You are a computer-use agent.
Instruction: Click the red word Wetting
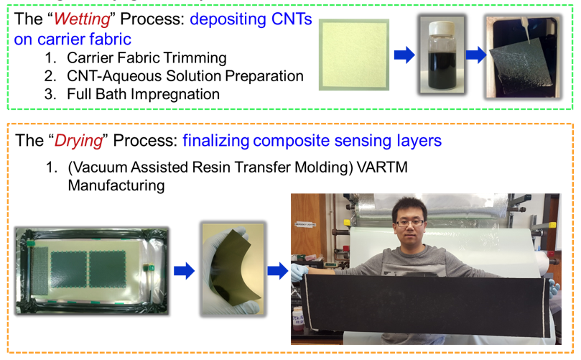tap(82, 19)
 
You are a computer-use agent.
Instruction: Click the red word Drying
tap(78, 141)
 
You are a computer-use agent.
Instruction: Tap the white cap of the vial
tap(441, 29)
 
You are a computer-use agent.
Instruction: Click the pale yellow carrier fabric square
tap(354, 55)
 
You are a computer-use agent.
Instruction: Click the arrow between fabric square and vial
tap(404, 55)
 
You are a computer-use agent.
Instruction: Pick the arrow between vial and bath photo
tap(475, 55)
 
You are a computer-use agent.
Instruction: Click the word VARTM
tap(381, 167)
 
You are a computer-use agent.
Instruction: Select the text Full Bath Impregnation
tap(143, 94)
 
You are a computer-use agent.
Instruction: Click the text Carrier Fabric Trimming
tap(147, 57)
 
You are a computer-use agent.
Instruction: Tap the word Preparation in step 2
tap(264, 76)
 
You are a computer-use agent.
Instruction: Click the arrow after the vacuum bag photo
tap(184, 271)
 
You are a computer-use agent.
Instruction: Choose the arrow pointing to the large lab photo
tap(278, 271)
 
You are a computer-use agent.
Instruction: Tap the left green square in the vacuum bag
tap(69, 269)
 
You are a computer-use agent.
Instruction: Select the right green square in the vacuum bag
tap(107, 269)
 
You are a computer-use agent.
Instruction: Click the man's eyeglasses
tap(410, 223)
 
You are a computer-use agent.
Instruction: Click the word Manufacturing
tap(116, 185)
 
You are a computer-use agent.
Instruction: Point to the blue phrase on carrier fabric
tap(73, 40)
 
